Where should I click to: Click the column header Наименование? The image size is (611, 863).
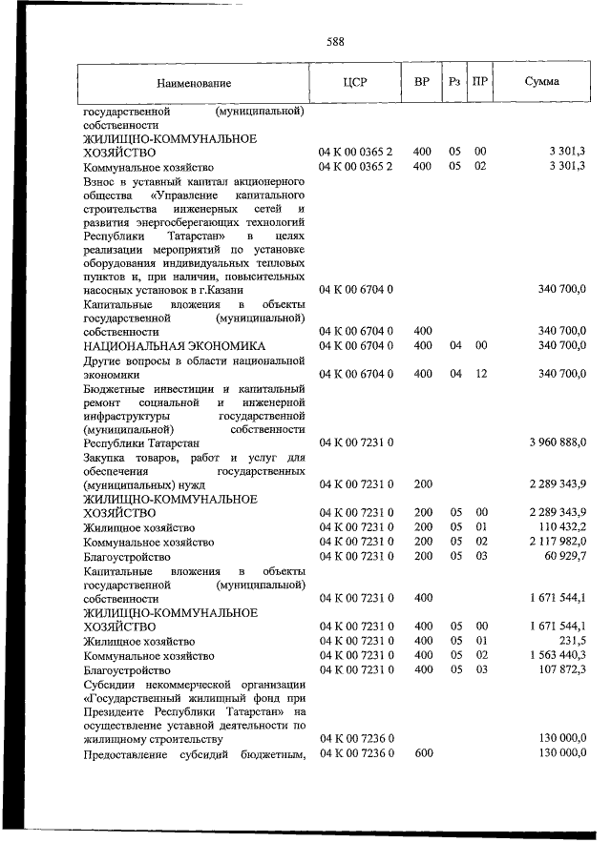tap(195, 83)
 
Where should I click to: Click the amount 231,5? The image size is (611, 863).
tap(572, 641)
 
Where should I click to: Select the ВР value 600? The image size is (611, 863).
tap(423, 753)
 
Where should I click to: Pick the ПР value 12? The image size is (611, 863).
tap(480, 374)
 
